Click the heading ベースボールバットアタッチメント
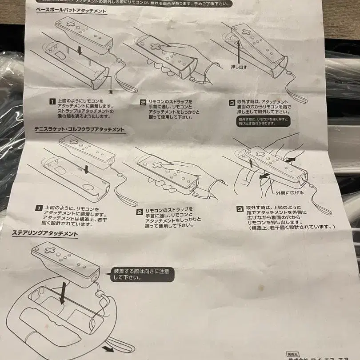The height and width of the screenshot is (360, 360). (71, 10)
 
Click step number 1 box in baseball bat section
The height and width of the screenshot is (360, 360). (52, 101)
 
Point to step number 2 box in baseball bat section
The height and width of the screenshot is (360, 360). (143, 103)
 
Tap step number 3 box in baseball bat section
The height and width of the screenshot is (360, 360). (232, 103)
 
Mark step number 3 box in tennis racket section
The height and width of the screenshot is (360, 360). (240, 208)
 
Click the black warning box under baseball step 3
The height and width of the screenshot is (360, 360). (264, 121)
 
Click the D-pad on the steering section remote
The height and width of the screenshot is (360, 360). (50, 250)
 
